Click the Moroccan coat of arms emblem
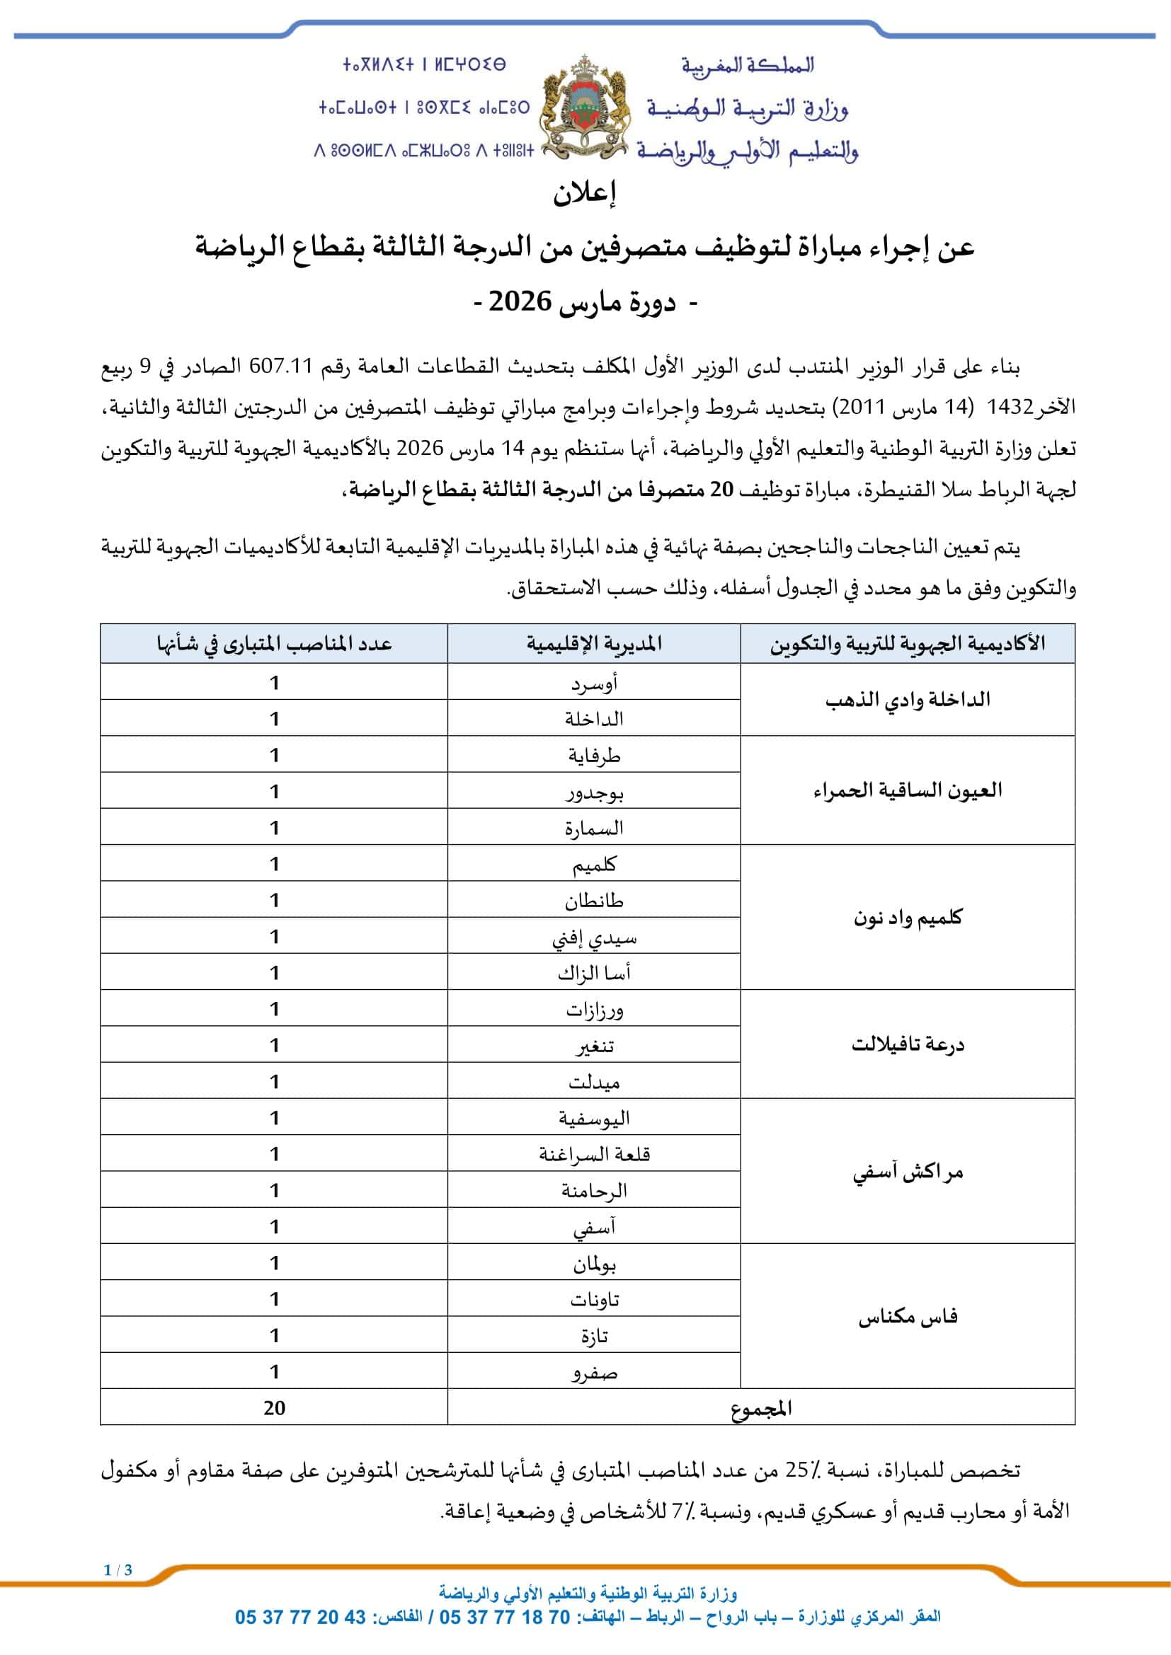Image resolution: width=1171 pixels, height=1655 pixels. [x=585, y=108]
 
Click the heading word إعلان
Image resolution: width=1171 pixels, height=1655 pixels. [x=585, y=193]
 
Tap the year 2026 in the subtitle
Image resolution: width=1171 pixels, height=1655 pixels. [x=520, y=301]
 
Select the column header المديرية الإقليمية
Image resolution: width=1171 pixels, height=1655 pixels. [x=593, y=644]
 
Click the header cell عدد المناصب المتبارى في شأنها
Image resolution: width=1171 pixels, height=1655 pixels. [x=274, y=644]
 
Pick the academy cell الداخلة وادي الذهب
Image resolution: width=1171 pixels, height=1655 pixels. [x=907, y=699]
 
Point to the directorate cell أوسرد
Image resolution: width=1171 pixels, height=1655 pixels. [x=593, y=683]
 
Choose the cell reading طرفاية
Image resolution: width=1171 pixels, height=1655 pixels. [x=593, y=756]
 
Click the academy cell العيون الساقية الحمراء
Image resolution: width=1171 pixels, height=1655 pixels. [x=907, y=790]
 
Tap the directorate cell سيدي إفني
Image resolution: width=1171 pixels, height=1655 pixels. [x=593, y=937]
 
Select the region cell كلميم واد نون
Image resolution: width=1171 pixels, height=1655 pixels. [x=907, y=918]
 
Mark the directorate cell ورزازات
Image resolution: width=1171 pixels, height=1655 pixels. [x=593, y=1009]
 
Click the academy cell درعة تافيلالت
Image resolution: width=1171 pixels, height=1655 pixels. [x=907, y=1044]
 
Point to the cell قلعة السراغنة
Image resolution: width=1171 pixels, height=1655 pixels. [x=593, y=1155]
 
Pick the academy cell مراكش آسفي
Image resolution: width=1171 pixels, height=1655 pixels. [x=907, y=1172]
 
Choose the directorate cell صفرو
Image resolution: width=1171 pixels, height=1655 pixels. [x=593, y=1373]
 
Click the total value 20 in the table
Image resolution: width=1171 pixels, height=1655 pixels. [x=274, y=1409]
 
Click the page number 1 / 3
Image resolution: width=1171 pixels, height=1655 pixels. [x=118, y=1570]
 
